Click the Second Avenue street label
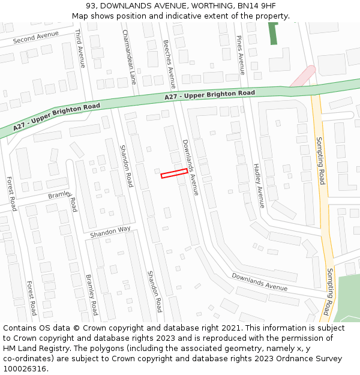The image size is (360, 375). coord(36,38)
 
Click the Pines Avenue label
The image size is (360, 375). coord(240,55)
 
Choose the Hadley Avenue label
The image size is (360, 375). coord(258,185)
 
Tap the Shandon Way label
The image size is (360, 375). coord(110,232)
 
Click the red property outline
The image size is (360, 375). coord(174,173)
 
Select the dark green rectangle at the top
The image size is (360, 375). coord(273,34)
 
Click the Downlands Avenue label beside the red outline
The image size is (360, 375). coord(190,167)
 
